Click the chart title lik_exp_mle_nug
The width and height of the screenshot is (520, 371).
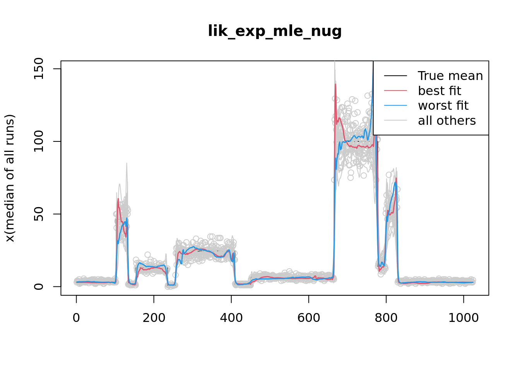point(275,31)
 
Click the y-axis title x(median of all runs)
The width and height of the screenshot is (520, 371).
point(10,178)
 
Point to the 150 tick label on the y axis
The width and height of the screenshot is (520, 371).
point(38,69)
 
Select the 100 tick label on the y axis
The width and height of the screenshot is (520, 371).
point(38,141)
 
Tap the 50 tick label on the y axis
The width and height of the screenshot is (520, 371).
point(38,214)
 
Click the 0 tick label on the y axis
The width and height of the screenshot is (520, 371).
point(38,286)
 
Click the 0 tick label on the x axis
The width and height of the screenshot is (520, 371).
point(76,318)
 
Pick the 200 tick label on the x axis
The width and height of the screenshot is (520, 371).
point(154,318)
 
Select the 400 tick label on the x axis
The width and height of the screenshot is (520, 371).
point(231,318)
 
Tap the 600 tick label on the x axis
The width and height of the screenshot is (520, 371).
point(308,318)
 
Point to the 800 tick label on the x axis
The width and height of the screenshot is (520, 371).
point(386,318)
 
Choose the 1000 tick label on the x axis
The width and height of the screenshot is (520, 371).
point(463,318)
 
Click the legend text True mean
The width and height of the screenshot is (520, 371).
point(450,76)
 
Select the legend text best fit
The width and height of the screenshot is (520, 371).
point(440,91)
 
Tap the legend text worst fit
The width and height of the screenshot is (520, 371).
point(443,106)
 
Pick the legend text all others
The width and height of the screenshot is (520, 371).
point(447,121)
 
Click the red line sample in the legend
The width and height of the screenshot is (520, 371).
point(395,91)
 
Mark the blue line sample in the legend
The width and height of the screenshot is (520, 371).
point(395,106)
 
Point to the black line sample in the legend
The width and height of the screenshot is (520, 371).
point(395,76)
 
